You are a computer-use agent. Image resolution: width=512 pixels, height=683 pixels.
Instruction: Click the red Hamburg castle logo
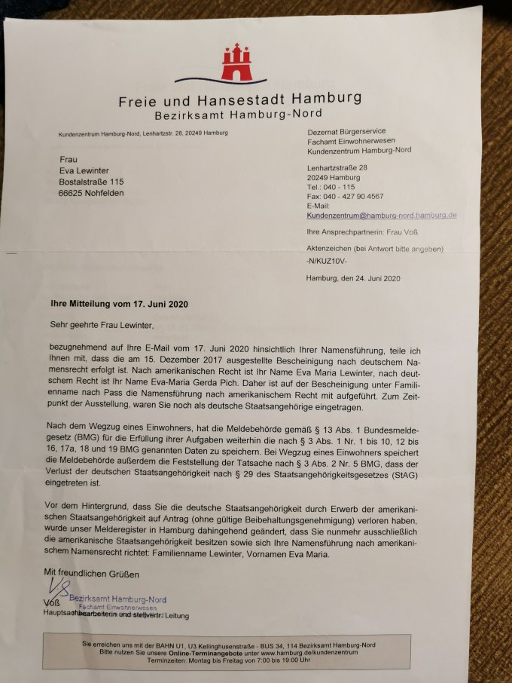pos(237,61)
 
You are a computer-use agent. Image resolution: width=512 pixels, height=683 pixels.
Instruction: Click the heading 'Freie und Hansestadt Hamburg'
pos(239,99)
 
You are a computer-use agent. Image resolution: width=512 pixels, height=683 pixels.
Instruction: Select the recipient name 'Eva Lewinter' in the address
pos(84,170)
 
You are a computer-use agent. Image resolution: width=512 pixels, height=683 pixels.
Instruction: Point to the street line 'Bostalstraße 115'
pos(91,182)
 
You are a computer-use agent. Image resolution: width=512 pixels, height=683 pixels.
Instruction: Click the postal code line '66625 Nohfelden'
pos(91,193)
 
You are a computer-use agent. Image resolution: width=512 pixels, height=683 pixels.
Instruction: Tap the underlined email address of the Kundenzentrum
pos(381,215)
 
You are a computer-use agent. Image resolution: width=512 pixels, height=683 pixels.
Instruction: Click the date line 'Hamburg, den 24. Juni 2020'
pos(353,278)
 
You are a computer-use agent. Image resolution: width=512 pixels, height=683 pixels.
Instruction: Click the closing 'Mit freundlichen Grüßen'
pos(92,574)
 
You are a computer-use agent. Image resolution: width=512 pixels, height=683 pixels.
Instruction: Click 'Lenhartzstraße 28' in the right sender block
pos(337,167)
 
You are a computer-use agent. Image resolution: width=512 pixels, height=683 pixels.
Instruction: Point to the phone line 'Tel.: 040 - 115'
pos(331,186)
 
